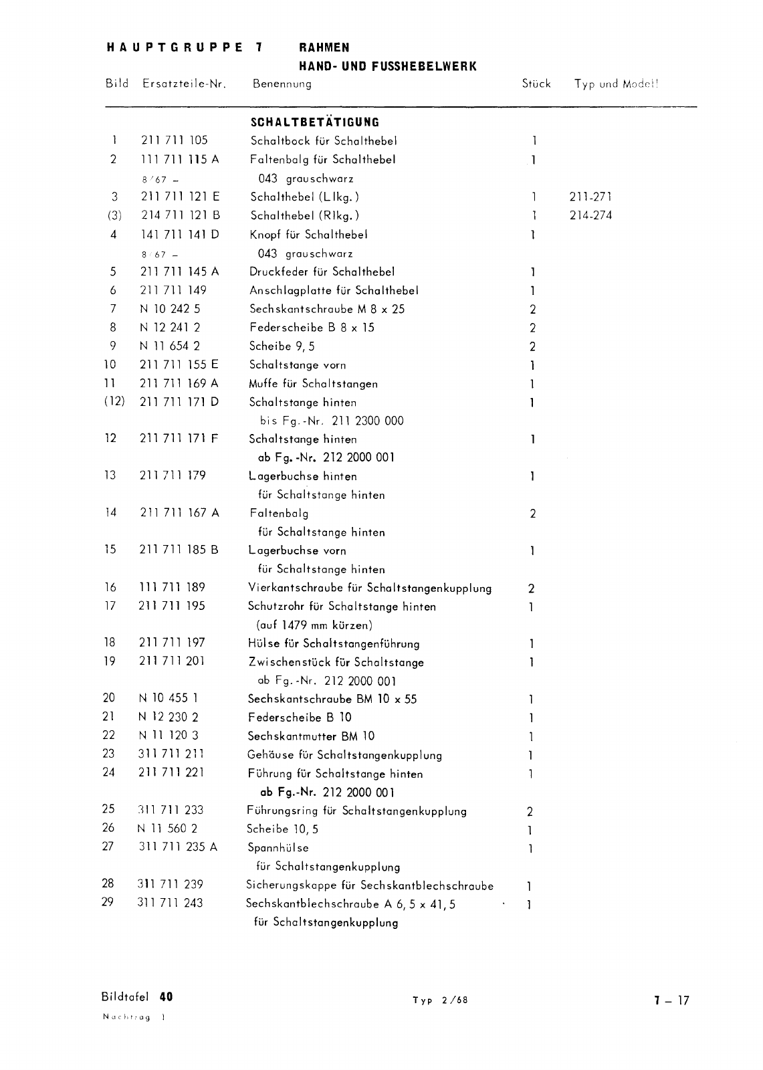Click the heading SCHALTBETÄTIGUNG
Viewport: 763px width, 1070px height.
pyautogui.click(x=314, y=122)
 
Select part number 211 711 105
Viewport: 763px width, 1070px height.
pyautogui.click(x=174, y=140)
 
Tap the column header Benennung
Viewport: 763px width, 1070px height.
pyautogui.click(x=282, y=84)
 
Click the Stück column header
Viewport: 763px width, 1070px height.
pyautogui.click(x=536, y=84)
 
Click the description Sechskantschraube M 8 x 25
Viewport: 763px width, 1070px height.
pyautogui.click(x=327, y=309)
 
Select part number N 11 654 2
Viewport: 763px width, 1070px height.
pyautogui.click(x=169, y=346)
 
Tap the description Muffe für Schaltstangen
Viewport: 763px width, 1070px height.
pyautogui.click(x=313, y=384)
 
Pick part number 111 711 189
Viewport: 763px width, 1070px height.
pyautogui.click(x=172, y=587)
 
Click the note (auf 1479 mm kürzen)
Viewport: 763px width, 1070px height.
pyautogui.click(x=314, y=625)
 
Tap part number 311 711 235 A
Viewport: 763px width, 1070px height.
pyautogui.click(x=178, y=847)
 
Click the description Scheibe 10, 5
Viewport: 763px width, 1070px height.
pyautogui.click(x=283, y=829)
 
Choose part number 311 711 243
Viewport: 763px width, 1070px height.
pyautogui.click(x=170, y=903)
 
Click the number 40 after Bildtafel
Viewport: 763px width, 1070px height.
pyautogui.click(x=166, y=996)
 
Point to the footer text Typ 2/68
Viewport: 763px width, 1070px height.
pyautogui.click(x=440, y=1000)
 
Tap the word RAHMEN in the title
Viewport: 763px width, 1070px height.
pyautogui.click(x=324, y=47)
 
